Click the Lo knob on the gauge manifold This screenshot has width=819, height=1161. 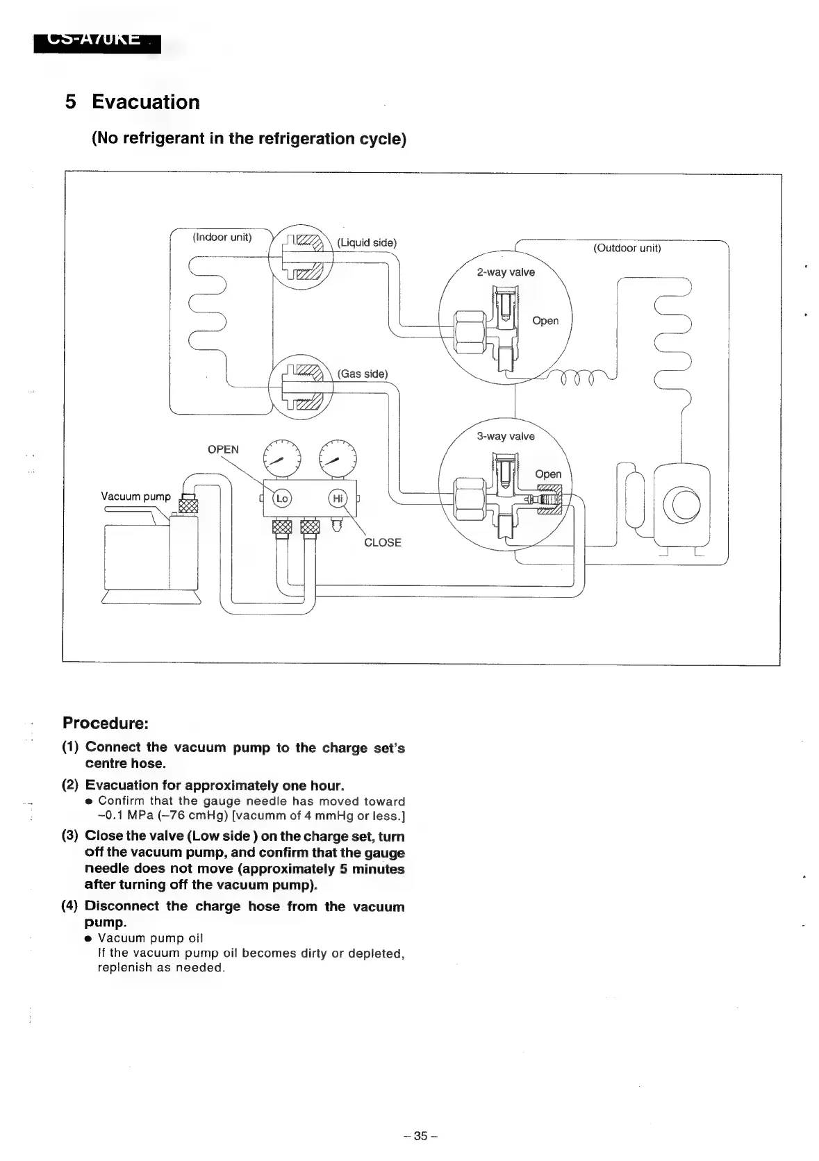282,499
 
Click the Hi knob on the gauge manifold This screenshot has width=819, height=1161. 338,499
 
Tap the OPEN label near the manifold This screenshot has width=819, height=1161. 223,449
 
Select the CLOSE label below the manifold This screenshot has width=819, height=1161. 382,542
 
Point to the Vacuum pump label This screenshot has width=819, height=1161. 135,496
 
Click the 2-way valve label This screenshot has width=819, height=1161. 506,272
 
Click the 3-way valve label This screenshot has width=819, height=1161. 506,436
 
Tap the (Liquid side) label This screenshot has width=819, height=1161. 367,242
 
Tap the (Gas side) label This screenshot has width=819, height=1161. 363,374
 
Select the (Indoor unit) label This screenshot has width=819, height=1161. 222,237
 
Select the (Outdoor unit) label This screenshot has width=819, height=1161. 627,248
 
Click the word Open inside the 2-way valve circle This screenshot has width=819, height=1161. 545,321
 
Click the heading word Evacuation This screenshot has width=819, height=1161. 146,102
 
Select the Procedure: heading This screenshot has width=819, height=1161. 106,723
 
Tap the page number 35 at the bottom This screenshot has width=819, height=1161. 420,1136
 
